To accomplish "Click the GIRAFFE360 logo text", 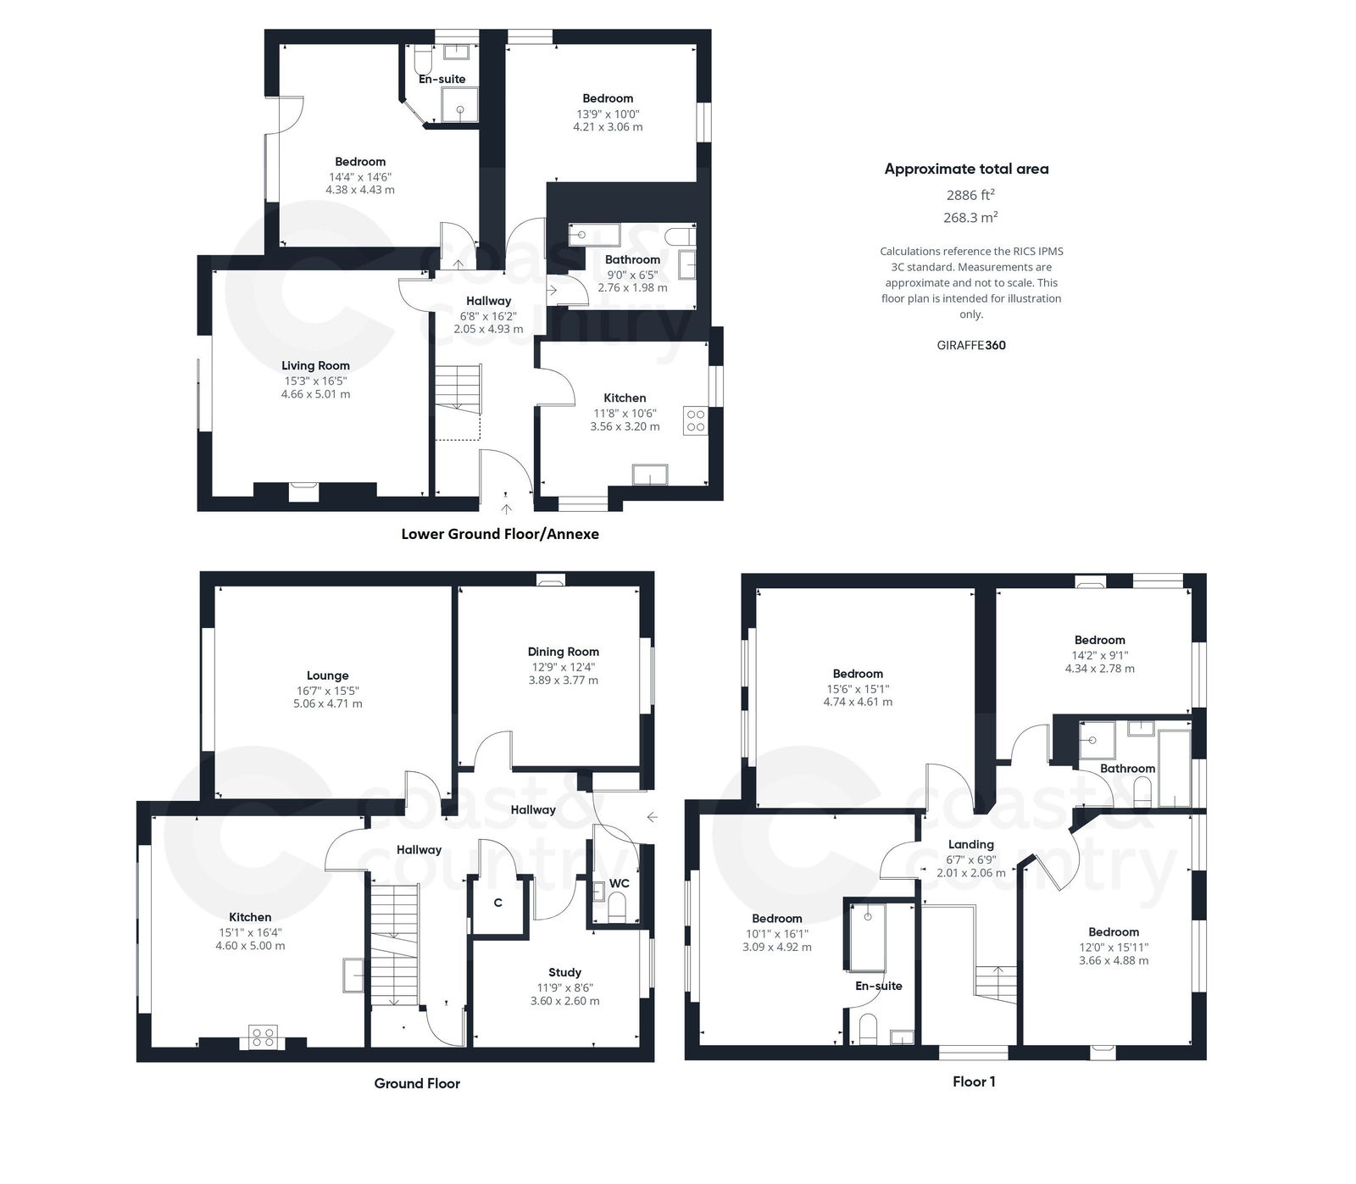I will point(970,345).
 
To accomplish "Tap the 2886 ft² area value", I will point(970,195).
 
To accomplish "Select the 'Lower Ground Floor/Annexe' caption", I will point(499,534).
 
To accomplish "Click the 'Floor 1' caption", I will point(974,1081).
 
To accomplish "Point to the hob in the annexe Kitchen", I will point(695,421).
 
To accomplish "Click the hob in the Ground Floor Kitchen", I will point(263,1037).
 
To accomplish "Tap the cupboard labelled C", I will point(498,903).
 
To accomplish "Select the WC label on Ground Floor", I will point(619,883).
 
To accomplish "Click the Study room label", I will point(564,972).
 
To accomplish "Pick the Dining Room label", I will point(563,652).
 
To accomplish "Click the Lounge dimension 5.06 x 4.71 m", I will point(327,703).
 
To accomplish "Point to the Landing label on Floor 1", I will point(970,844).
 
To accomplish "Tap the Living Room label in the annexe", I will point(315,365).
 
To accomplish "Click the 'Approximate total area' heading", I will point(966,169).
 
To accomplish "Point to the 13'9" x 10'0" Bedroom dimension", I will point(607,114).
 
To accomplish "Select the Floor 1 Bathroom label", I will point(1127,769).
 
